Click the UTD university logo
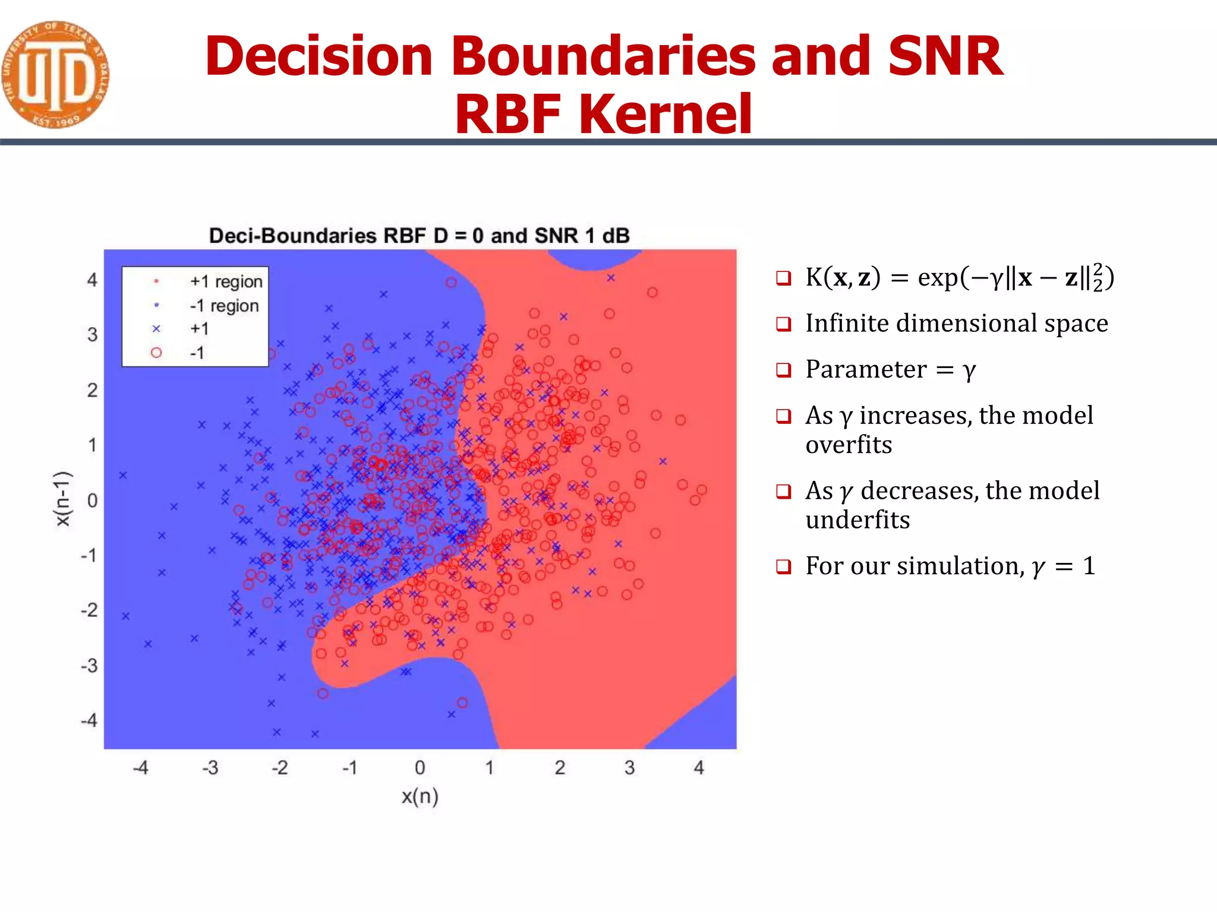tap(55, 75)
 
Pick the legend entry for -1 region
tap(224, 306)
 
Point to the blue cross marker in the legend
tap(156, 329)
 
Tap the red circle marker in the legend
tap(156, 353)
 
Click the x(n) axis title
tap(420, 796)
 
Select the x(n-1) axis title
tap(63, 499)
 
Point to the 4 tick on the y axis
tap(92, 280)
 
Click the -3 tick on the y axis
tap(89, 666)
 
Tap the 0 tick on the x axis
tap(420, 768)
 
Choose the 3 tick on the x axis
tap(629, 768)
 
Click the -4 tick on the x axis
tap(140, 768)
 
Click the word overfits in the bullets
tap(849, 445)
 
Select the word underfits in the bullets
tap(857, 520)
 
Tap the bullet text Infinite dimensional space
tap(956, 324)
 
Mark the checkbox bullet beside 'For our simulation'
tap(784, 566)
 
